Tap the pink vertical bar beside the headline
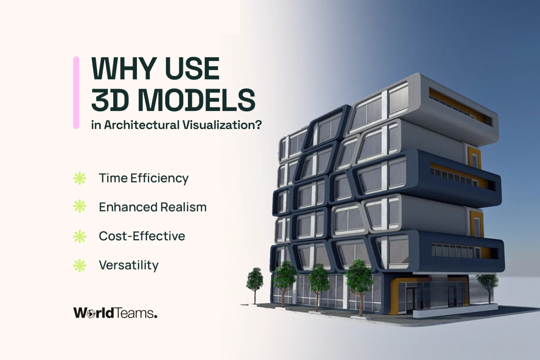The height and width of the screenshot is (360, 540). coord(76,93)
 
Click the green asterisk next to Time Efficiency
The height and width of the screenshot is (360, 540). coord(80,178)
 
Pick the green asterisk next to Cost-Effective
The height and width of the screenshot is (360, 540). coord(80,236)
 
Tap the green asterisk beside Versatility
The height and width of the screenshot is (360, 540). coord(80,266)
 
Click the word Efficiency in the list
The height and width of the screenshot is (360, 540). coord(159,179)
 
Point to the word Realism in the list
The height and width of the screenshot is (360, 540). coord(183,207)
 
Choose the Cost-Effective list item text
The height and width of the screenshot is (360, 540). coord(142,236)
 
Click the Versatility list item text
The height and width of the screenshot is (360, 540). coord(129,266)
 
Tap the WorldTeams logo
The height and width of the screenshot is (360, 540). coord(115,313)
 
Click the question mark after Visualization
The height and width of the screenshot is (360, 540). coord(259,125)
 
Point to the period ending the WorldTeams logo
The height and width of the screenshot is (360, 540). coord(156,316)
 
